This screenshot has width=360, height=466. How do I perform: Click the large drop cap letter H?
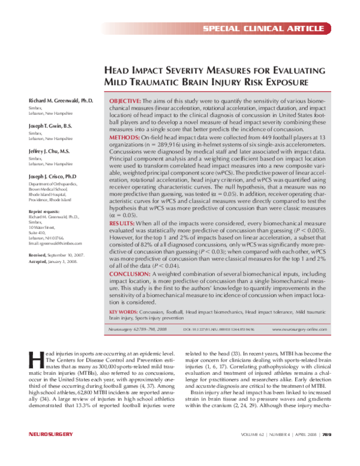coord(35,359)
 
